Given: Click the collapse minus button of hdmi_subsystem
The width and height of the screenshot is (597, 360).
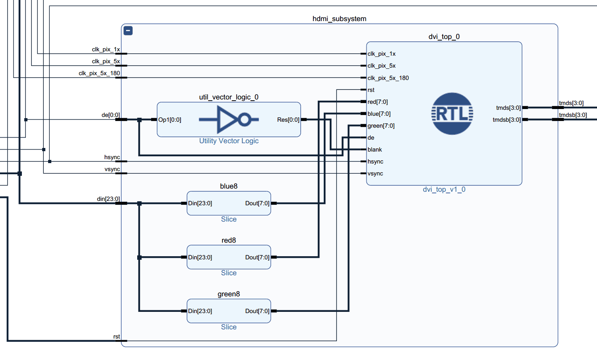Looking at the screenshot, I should click(x=128, y=31).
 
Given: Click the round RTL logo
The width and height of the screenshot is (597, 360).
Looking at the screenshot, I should click(x=452, y=114).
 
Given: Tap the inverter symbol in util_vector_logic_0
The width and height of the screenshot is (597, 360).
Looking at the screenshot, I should click(x=229, y=119).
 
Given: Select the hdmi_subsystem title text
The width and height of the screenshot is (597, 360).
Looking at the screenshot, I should click(x=339, y=19).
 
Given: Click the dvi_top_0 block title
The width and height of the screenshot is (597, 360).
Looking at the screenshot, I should click(x=444, y=37).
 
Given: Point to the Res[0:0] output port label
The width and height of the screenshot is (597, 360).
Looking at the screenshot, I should click(x=288, y=120).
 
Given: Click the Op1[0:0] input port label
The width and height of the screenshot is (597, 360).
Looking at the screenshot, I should click(x=170, y=120).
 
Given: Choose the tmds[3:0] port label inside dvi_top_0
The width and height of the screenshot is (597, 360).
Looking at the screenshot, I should click(x=508, y=108).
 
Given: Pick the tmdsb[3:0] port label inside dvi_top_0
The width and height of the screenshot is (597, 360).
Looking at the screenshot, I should click(x=506, y=120).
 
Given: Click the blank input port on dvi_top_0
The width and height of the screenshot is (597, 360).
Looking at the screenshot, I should click(x=375, y=150).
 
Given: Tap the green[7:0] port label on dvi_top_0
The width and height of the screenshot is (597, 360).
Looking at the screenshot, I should click(x=381, y=126).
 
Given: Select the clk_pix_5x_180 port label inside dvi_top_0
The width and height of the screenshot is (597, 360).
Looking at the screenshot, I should click(x=388, y=78).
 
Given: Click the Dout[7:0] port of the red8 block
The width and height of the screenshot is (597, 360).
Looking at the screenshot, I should click(x=257, y=257).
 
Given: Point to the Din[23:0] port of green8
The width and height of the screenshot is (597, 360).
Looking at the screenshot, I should click(x=200, y=311).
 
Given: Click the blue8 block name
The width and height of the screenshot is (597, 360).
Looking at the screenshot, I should click(x=229, y=186).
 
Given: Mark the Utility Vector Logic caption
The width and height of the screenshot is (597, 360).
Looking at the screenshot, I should click(x=229, y=141).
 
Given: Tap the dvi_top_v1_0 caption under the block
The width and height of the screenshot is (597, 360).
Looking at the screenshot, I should click(x=444, y=189).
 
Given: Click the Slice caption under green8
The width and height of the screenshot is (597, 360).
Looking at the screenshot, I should click(x=229, y=327).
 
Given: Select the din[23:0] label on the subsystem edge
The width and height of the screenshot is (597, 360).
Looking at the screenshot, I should click(x=108, y=199).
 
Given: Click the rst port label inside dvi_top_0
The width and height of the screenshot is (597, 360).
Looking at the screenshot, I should click(x=371, y=90).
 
